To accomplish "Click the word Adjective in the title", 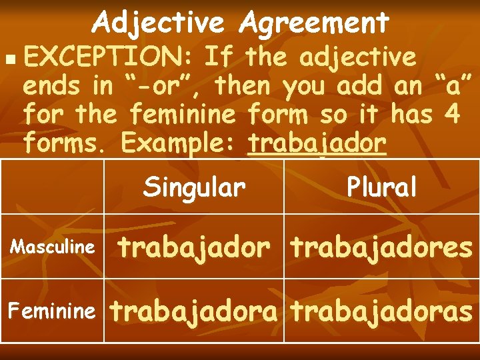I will click(x=159, y=23).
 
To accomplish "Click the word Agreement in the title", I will click(x=314, y=23).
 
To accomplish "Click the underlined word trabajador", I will click(x=317, y=143).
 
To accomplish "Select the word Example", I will click(x=175, y=143).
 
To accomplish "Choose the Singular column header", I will click(x=194, y=187).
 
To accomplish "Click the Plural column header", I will click(x=382, y=187).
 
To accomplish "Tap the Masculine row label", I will click(x=52, y=247).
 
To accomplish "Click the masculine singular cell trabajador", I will click(x=194, y=247).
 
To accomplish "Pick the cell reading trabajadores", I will click(x=381, y=247).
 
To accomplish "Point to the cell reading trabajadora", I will click(x=193, y=311).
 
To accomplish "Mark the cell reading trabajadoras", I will click(x=381, y=311).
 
